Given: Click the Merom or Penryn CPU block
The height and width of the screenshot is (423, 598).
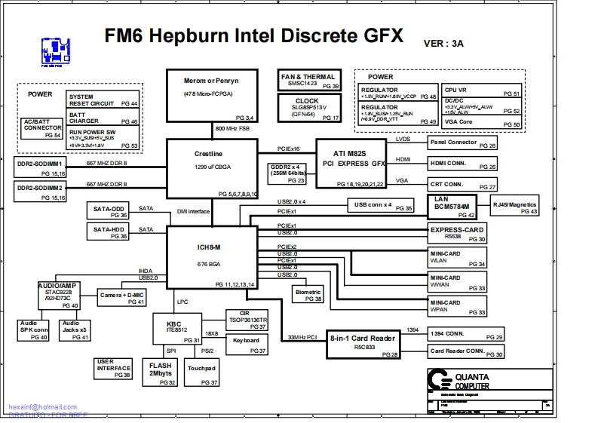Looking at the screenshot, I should pyautogui.click(x=213, y=97).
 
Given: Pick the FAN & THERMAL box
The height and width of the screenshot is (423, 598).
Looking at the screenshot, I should pyautogui.click(x=308, y=81).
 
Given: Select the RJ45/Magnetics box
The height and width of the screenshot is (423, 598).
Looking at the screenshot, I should pyautogui.click(x=515, y=207).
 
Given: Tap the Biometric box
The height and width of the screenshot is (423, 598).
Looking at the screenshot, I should pyautogui.click(x=308, y=295).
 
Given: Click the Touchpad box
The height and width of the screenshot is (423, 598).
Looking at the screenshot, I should pyautogui.click(x=202, y=373).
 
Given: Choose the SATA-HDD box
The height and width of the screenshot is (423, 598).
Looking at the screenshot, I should pyautogui.click(x=109, y=232).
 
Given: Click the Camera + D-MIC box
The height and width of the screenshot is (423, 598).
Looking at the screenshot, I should pyautogui.click(x=122, y=298).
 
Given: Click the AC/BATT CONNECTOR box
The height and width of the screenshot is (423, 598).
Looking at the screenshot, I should pyautogui.click(x=42, y=128).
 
